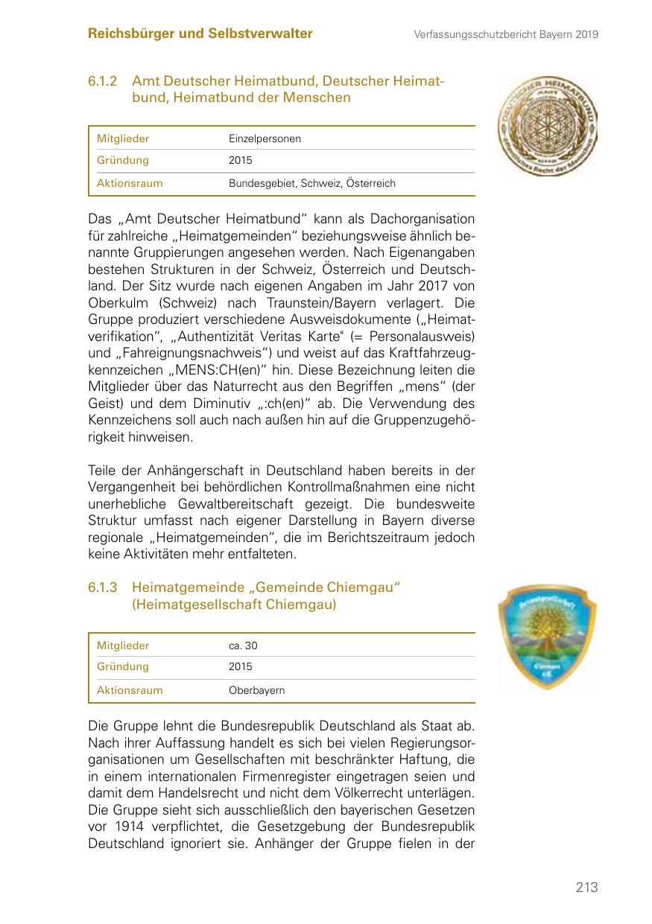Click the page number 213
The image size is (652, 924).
tap(586, 888)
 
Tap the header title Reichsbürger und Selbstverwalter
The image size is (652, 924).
tap(200, 34)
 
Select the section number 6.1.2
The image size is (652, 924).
tap(104, 81)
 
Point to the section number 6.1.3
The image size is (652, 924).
tap(104, 588)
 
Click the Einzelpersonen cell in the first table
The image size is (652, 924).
tap(265, 138)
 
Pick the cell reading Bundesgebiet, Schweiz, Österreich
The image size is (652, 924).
tap(311, 183)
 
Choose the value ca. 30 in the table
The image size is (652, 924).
tap(243, 646)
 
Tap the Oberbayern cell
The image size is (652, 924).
tap(256, 690)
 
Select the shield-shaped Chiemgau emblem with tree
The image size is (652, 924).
tap(548, 636)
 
